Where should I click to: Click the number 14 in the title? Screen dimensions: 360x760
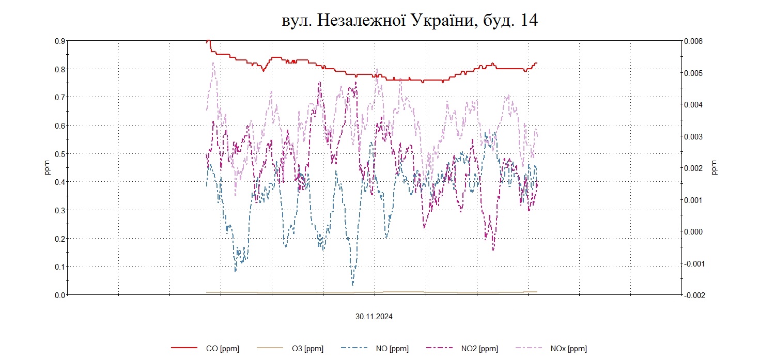pos(527,20)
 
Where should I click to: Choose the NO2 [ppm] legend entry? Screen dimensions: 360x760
pos(479,349)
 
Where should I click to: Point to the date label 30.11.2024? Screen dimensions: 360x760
pos(374,317)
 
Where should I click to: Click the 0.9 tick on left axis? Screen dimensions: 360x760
pos(60,41)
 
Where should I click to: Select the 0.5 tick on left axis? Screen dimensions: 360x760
pos(60,154)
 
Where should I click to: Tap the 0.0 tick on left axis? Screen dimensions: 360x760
pos(60,295)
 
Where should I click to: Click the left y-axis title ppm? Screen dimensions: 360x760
pos(48,168)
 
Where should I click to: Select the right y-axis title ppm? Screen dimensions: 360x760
pos(715,168)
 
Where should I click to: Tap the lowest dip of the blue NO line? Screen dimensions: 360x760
pos(353,285)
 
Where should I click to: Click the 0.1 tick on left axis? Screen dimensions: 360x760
pos(60,267)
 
